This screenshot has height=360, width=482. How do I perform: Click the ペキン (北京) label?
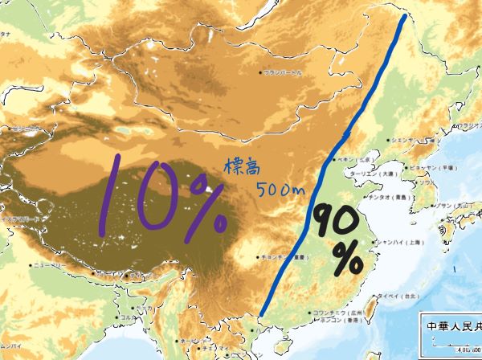[x=353, y=159]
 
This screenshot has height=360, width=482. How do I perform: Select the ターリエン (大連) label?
[x=374, y=173]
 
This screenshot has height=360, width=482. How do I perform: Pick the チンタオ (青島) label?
[x=389, y=196]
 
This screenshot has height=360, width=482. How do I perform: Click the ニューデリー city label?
[x=49, y=264]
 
